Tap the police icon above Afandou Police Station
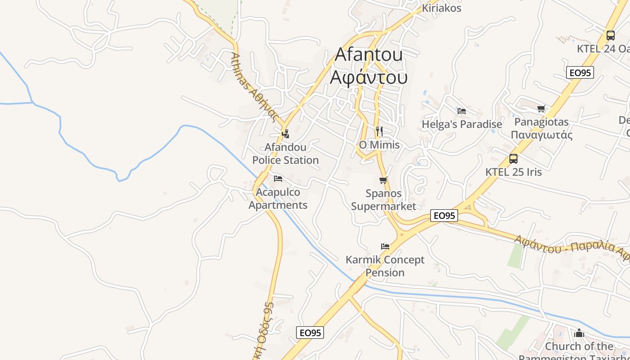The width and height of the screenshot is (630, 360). pyautogui.click(x=285, y=134)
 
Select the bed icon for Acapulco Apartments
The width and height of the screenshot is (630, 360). pyautogui.click(x=278, y=179)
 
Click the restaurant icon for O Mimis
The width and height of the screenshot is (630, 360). pyautogui.click(x=379, y=131)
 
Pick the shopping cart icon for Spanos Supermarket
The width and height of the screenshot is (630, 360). pyautogui.click(x=383, y=180)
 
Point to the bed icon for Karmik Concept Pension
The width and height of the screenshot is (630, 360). pyautogui.click(x=385, y=246)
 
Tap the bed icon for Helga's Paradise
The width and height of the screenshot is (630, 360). pyautogui.click(x=461, y=111)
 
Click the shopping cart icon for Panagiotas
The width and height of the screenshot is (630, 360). pyautogui.click(x=541, y=108)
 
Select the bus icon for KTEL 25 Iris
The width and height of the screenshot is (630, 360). pyautogui.click(x=513, y=158)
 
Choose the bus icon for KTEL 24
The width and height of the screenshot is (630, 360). pyautogui.click(x=611, y=35)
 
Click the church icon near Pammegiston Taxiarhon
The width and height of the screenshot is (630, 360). pyautogui.click(x=579, y=333)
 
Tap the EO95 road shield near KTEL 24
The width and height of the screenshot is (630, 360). pyautogui.click(x=580, y=72)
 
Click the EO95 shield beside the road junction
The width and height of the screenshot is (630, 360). pyautogui.click(x=444, y=216)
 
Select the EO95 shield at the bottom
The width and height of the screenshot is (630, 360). pyautogui.click(x=310, y=333)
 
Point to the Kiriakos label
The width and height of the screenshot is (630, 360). pyautogui.click(x=441, y=8)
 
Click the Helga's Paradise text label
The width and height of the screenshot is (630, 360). pyautogui.click(x=462, y=124)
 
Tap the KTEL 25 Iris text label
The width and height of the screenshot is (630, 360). pyautogui.click(x=513, y=172)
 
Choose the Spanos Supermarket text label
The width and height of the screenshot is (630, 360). pyautogui.click(x=383, y=200)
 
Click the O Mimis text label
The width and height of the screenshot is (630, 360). pyautogui.click(x=379, y=145)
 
